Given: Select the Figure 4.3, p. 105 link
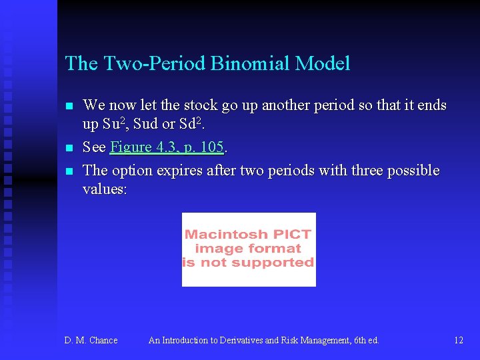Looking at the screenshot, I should [x=167, y=147].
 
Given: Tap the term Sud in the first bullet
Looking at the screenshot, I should [x=146, y=125].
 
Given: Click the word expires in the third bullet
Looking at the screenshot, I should [x=179, y=171].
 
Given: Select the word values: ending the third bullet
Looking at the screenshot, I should [x=105, y=189].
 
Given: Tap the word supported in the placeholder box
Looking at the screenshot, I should [x=276, y=262].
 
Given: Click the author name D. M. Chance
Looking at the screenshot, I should [x=91, y=341].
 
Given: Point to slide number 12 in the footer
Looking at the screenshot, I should [x=459, y=341].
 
